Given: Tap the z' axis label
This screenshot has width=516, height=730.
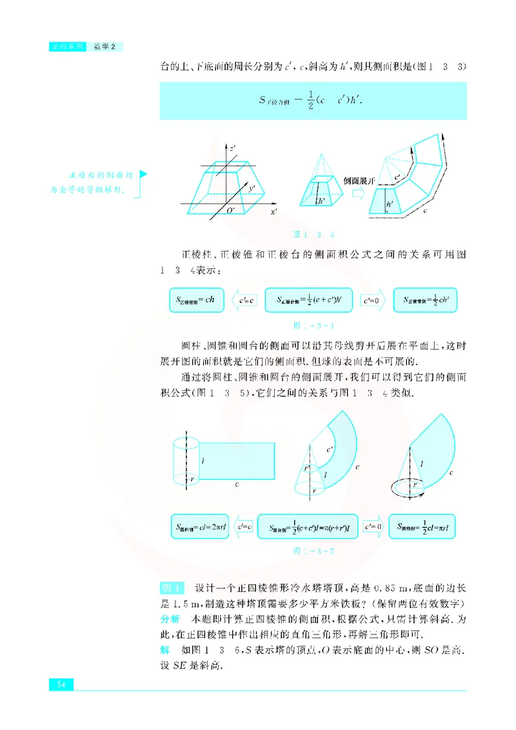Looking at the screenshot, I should point(232,148).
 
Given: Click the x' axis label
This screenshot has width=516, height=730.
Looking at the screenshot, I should point(273,212).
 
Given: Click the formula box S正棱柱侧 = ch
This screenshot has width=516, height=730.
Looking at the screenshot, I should point(195,300).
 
